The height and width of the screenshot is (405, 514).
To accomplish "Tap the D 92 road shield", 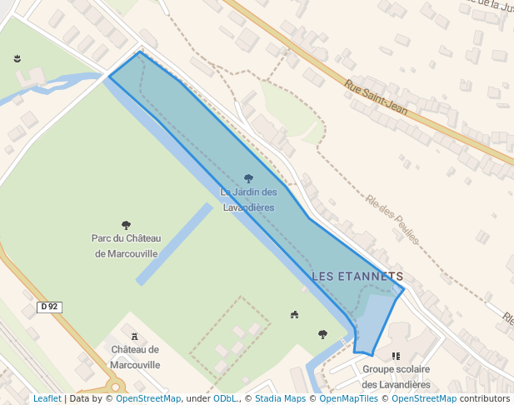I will pyautogui.click(x=50, y=307).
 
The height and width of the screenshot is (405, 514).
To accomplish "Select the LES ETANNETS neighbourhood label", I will pyautogui.click(x=357, y=276).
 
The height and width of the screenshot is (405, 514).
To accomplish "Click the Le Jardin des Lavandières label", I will pyautogui.click(x=248, y=199).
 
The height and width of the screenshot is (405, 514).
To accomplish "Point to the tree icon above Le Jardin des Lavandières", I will pyautogui.click(x=248, y=178).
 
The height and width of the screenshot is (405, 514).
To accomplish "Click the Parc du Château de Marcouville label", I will pyautogui.click(x=127, y=246).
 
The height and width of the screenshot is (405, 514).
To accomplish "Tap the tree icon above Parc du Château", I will pyautogui.click(x=127, y=225).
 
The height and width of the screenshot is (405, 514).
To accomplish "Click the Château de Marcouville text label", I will pyautogui.click(x=135, y=357).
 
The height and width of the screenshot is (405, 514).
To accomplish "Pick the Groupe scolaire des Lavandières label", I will pyautogui.click(x=396, y=377).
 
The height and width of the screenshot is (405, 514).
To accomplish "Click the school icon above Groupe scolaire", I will pyautogui.click(x=396, y=356).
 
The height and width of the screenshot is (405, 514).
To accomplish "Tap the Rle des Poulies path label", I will pyautogui.click(x=392, y=219).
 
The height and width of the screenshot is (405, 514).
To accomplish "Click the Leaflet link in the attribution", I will pyautogui.click(x=47, y=398).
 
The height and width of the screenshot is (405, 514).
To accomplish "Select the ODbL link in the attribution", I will pyautogui.click(x=225, y=398).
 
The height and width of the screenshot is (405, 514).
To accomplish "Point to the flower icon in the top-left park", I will pyautogui.click(x=17, y=58).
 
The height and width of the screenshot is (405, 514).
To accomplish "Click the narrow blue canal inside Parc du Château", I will pyautogui.click(x=174, y=244).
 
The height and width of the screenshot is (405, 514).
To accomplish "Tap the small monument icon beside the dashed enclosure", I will pyautogui.click(x=294, y=314).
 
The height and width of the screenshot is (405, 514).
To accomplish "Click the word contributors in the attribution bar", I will pyautogui.click(x=484, y=398).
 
